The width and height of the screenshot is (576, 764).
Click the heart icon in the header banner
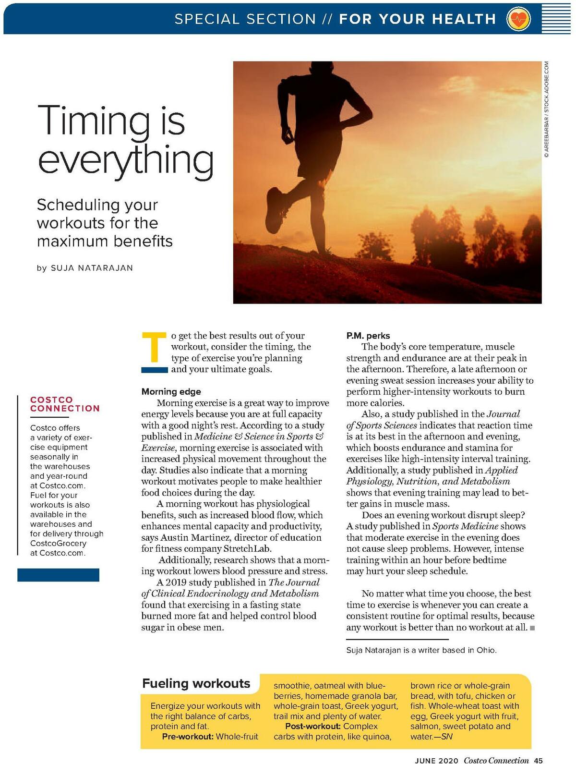click(518, 19)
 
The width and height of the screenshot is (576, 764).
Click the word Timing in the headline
click(94, 121)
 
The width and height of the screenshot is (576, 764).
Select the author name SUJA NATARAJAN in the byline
click(92, 268)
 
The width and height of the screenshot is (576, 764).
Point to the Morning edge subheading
click(171, 391)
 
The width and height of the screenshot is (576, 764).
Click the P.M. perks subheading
click(368, 336)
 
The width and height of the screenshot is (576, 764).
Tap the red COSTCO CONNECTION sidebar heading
click(65, 404)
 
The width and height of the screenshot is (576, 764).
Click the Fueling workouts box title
click(196, 683)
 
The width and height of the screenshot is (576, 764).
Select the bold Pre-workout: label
click(188, 737)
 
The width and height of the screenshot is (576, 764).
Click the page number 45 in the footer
click(538, 760)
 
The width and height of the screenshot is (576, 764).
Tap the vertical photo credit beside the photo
click(547, 109)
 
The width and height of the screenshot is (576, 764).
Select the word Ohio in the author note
click(486, 650)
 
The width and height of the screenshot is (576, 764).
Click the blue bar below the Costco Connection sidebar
click(58, 575)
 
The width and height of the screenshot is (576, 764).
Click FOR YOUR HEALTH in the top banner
click(417, 19)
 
